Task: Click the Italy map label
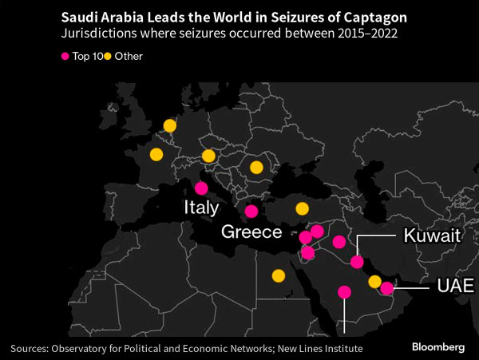[x=201, y=208]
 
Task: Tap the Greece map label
[x=251, y=232]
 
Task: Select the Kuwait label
[x=432, y=236]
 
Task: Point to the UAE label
[x=455, y=286]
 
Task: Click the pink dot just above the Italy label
[x=201, y=188]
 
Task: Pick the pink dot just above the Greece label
[x=251, y=212]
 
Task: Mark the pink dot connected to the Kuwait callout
[x=357, y=262]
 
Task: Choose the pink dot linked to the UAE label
[x=387, y=288]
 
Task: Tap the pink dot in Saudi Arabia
[x=344, y=292]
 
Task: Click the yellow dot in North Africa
[x=278, y=276]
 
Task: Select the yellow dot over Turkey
[x=302, y=209]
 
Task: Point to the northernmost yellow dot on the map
[x=169, y=125]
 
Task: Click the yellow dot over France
[x=156, y=154]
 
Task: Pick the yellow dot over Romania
[x=256, y=168]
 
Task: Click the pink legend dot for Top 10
[x=66, y=56]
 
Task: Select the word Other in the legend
[x=129, y=56]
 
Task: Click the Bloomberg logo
[x=438, y=347]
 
